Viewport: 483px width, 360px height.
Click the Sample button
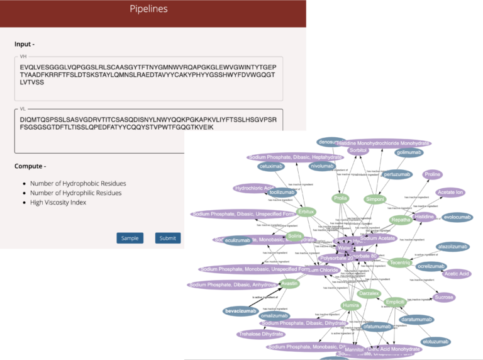(x=130, y=238)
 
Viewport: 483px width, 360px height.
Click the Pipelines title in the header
(x=148, y=9)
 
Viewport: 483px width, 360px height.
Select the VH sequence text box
(x=148, y=78)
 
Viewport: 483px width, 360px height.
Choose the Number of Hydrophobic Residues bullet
(x=78, y=183)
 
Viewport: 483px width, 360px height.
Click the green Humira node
(x=351, y=305)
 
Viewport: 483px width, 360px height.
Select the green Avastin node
(x=289, y=283)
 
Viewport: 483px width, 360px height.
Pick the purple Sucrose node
(x=444, y=297)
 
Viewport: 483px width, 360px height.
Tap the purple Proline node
(x=432, y=174)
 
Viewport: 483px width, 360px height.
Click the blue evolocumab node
(x=457, y=217)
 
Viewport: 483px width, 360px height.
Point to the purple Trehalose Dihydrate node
(x=261, y=334)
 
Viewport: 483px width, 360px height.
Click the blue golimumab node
(x=409, y=152)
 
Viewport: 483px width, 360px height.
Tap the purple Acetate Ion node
(x=450, y=192)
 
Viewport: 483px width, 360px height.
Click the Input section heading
(x=25, y=44)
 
